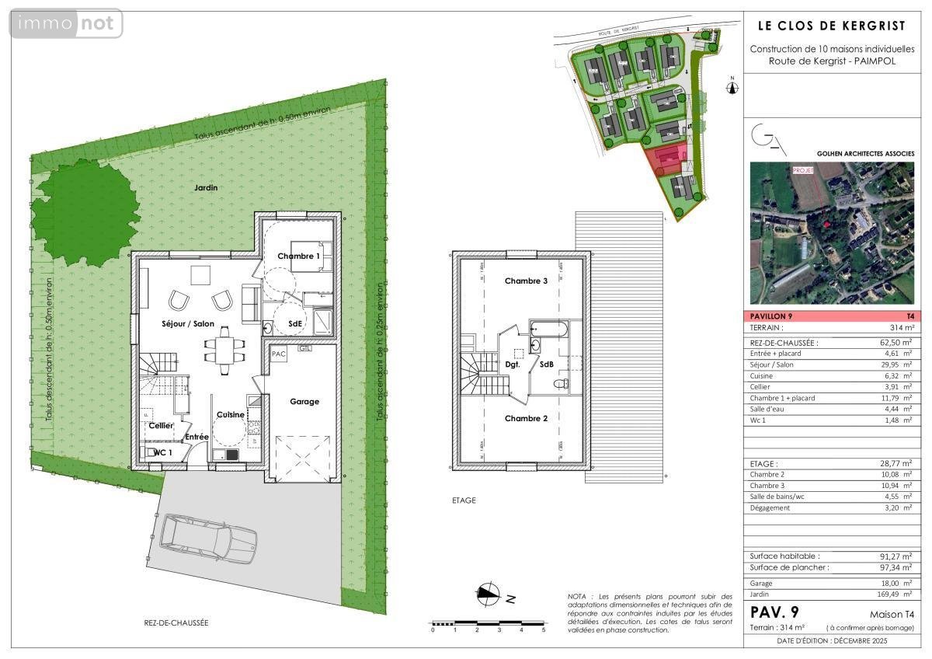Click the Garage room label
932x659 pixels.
(304, 402)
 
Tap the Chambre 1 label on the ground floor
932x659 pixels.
(299, 256)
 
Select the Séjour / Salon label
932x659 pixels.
(188, 323)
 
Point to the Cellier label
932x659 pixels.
(161, 425)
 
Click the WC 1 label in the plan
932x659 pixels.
(162, 452)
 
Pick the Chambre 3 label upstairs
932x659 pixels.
(526, 281)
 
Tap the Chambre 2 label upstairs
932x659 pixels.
(526, 418)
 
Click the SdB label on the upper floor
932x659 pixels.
(547, 364)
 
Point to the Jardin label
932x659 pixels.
(207, 187)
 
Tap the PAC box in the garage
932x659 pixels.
(279, 354)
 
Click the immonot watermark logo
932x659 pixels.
(67, 24)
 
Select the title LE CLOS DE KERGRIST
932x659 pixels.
(831, 26)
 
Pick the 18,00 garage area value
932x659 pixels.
(895, 583)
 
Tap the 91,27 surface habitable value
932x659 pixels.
(895, 556)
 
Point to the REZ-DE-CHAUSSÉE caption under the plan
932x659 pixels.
(176, 622)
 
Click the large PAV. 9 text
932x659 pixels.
(777, 612)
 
